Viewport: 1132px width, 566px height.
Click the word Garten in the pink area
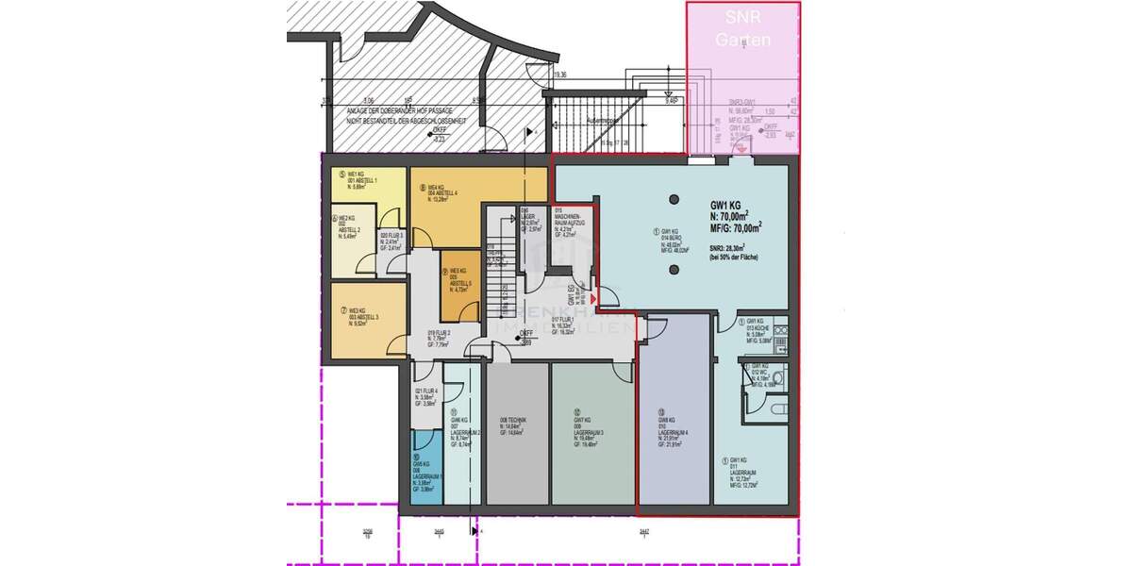pyautogui.click(x=742, y=41)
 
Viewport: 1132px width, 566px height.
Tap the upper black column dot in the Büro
pyautogui.click(x=674, y=200)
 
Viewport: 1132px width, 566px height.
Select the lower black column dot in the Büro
pyautogui.click(x=674, y=270)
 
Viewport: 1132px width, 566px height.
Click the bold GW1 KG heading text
pyautogui.click(x=727, y=205)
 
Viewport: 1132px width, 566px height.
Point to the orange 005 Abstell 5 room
pyautogui.click(x=462, y=283)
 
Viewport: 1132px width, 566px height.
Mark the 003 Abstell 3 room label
pyautogui.click(x=363, y=317)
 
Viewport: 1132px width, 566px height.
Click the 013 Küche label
pyautogui.click(x=759, y=329)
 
